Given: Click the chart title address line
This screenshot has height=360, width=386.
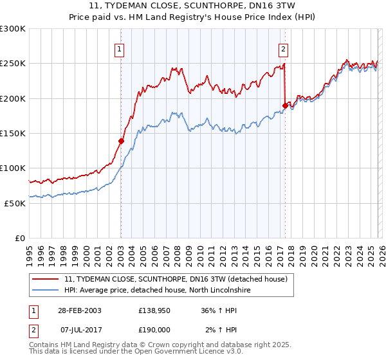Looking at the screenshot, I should tap(192, 5).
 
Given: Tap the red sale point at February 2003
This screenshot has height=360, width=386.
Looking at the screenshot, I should tap(121, 141).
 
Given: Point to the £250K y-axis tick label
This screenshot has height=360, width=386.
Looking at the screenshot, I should tap(13, 64).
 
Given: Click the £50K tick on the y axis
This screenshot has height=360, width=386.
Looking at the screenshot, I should tap(15, 203).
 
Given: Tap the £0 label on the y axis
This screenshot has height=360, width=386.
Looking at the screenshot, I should tap(21, 238).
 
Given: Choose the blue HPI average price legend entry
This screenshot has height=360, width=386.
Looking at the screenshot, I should tap(166, 291).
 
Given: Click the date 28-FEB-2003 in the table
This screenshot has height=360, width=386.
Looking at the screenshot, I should tap(79, 310).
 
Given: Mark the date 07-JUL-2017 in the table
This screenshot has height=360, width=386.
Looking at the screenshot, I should tap(79, 330).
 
